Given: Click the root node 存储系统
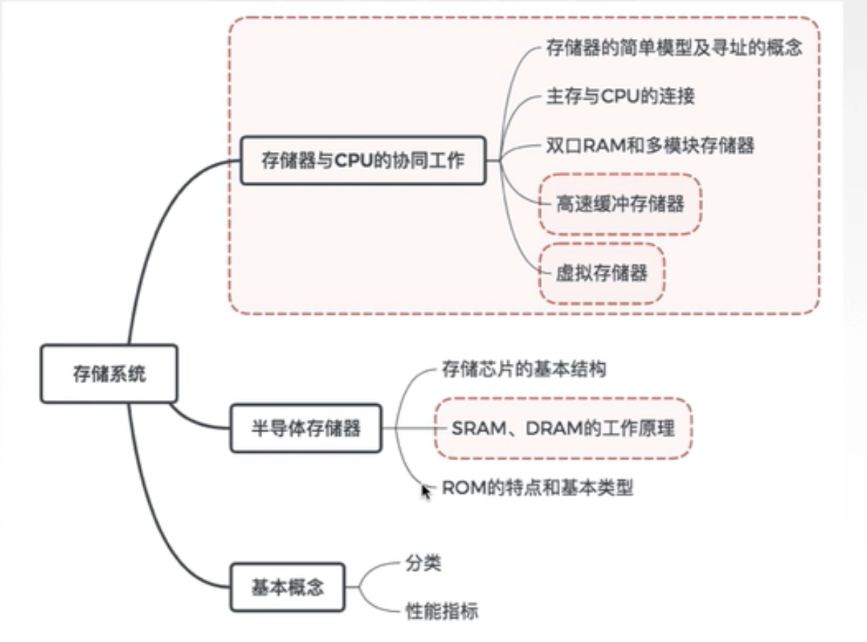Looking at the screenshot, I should click(109, 374).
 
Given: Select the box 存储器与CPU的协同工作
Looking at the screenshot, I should click(363, 160).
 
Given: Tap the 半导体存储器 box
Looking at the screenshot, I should click(306, 428).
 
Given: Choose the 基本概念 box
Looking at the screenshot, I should click(287, 587).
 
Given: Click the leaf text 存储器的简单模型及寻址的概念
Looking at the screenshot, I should click(674, 49).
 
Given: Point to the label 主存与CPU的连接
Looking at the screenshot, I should click(620, 97).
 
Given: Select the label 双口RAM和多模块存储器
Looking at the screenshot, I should click(650, 145).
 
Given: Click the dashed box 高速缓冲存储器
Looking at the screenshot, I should click(620, 204).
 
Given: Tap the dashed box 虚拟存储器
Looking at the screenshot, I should click(602, 274).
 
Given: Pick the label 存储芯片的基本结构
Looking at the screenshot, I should click(523, 369).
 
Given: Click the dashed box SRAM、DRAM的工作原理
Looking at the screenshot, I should click(562, 428).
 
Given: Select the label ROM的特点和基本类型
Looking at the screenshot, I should click(537, 488).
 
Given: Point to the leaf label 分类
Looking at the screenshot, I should click(423, 563).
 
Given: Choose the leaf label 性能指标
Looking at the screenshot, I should click(441, 610).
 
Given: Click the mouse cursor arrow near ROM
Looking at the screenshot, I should click(426, 490).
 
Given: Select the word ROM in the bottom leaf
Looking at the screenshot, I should click(460, 488).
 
